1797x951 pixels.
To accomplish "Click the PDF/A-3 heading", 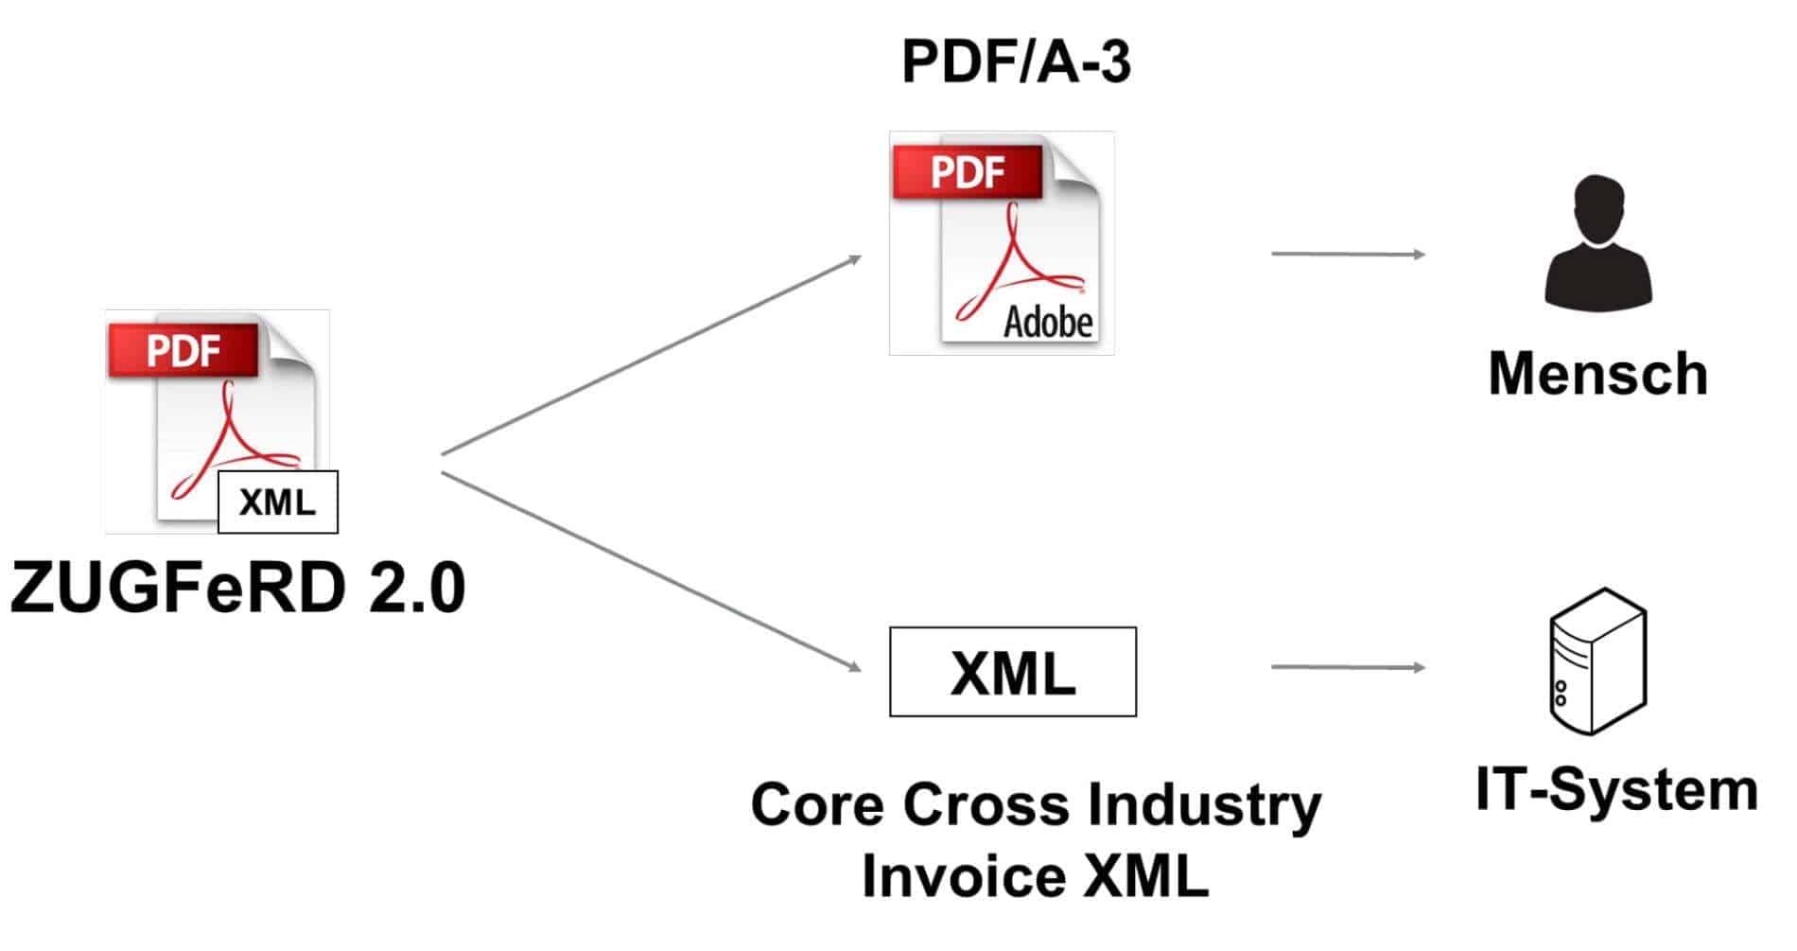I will (1016, 62).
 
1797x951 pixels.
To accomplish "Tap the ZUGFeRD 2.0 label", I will (237, 589).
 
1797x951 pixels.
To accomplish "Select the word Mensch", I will (1597, 374).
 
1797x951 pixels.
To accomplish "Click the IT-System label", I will (1616, 790).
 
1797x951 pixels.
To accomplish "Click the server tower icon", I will (1597, 660).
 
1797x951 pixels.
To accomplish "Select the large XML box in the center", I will (1012, 672).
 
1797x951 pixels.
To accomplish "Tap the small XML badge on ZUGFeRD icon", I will (277, 502).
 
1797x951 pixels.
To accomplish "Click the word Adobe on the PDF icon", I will (1048, 323).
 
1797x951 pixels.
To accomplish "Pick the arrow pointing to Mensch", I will (1348, 254).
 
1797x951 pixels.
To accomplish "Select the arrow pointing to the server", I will (1348, 667).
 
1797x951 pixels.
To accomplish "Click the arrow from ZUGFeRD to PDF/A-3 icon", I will (652, 355).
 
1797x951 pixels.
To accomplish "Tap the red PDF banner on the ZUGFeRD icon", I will (183, 351).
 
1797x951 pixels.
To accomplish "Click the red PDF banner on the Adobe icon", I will (968, 172).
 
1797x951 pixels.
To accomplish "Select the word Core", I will (817, 805).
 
